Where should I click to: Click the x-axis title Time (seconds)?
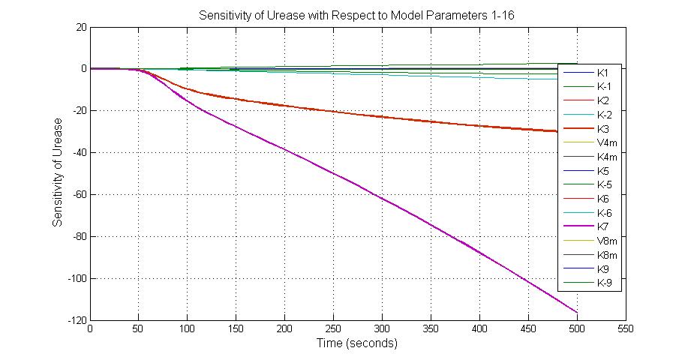(356, 343)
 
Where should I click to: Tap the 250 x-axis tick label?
(333, 328)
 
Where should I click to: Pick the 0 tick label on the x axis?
(90, 328)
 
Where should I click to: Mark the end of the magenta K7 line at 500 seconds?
(576, 312)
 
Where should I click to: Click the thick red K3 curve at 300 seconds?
(382, 116)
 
